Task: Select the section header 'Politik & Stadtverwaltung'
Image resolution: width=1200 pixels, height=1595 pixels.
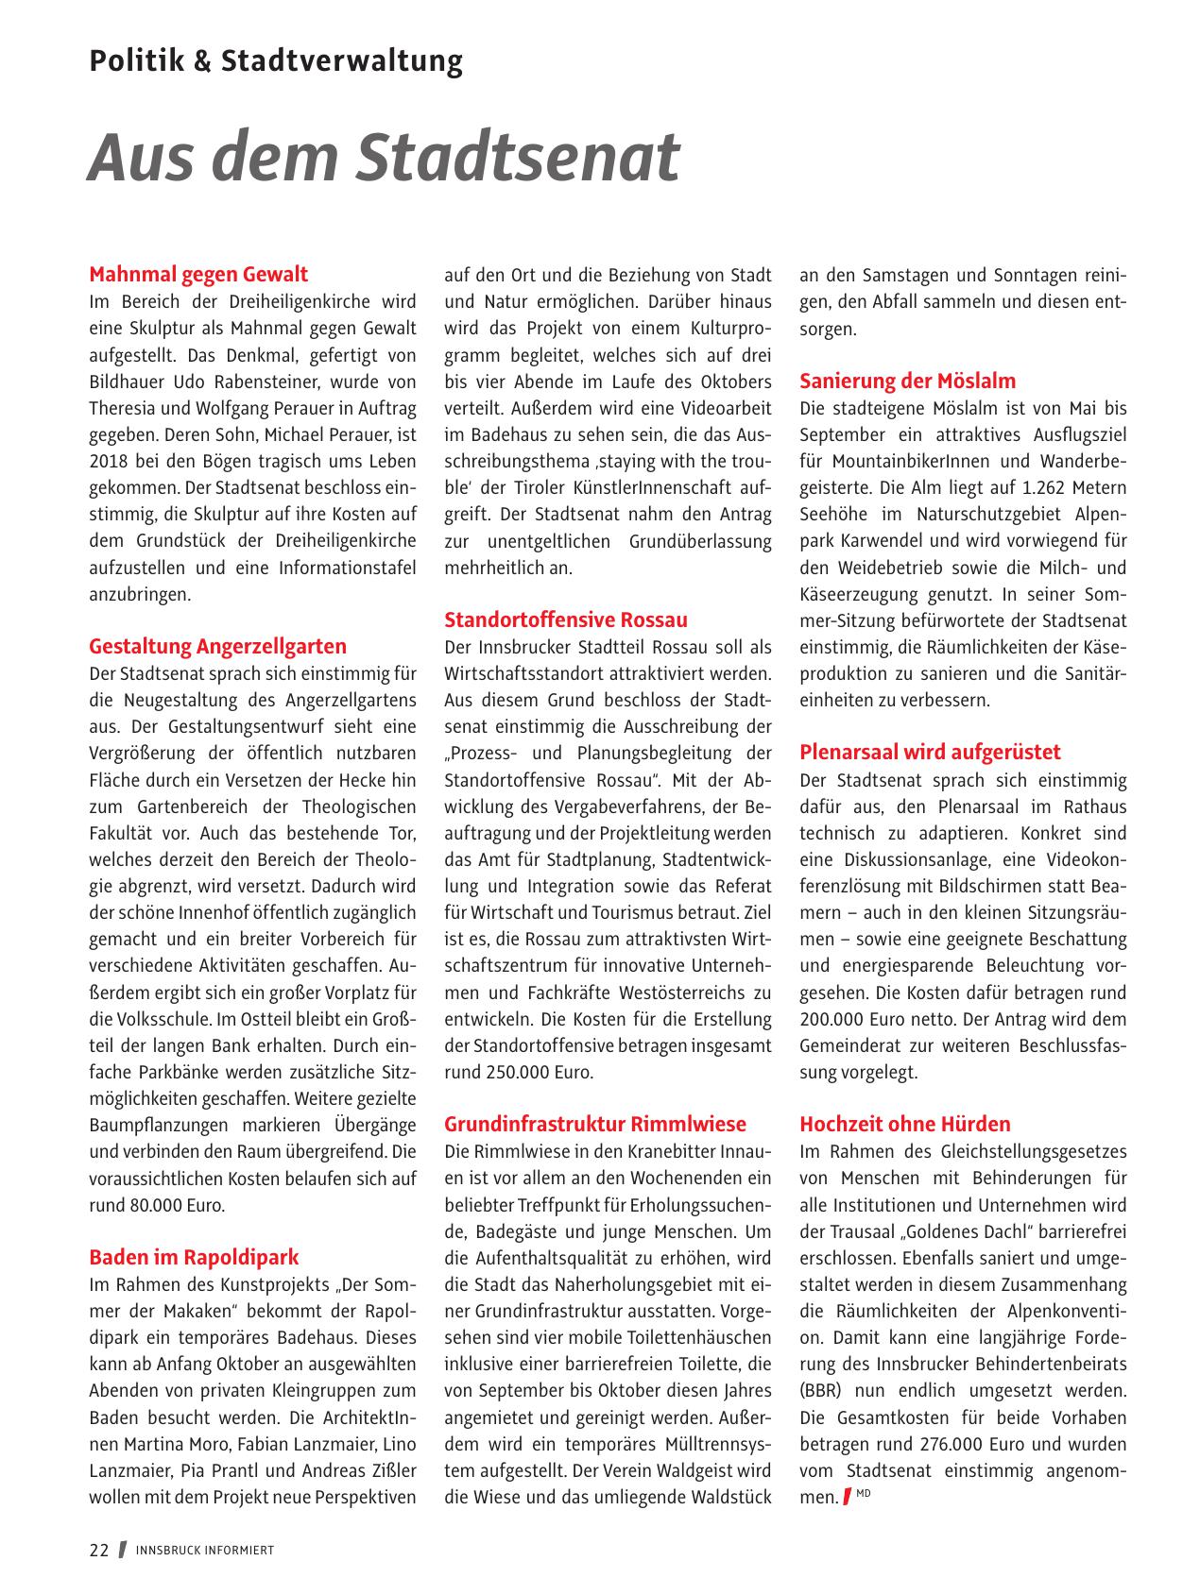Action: (276, 61)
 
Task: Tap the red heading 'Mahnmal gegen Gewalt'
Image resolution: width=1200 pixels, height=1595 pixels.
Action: (198, 275)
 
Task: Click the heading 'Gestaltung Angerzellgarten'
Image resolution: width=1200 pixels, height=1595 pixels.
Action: (217, 647)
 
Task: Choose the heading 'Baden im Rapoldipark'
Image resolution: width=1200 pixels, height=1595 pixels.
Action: (194, 1258)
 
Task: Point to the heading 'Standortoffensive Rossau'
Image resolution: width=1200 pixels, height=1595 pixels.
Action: (566, 620)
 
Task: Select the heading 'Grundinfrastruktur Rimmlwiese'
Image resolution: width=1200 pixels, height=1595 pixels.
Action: (595, 1125)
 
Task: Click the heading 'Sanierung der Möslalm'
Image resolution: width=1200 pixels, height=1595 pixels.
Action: (907, 382)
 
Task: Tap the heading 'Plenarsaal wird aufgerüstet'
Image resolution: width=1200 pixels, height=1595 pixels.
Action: (930, 753)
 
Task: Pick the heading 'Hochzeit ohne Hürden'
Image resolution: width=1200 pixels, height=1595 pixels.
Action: (904, 1125)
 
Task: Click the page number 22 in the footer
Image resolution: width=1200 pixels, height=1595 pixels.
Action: (99, 1551)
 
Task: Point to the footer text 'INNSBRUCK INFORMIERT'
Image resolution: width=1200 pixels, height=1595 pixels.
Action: (205, 1551)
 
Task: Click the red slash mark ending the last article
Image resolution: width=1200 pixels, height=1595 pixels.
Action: (848, 1497)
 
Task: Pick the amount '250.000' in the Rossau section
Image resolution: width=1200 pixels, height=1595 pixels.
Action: (515, 1073)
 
